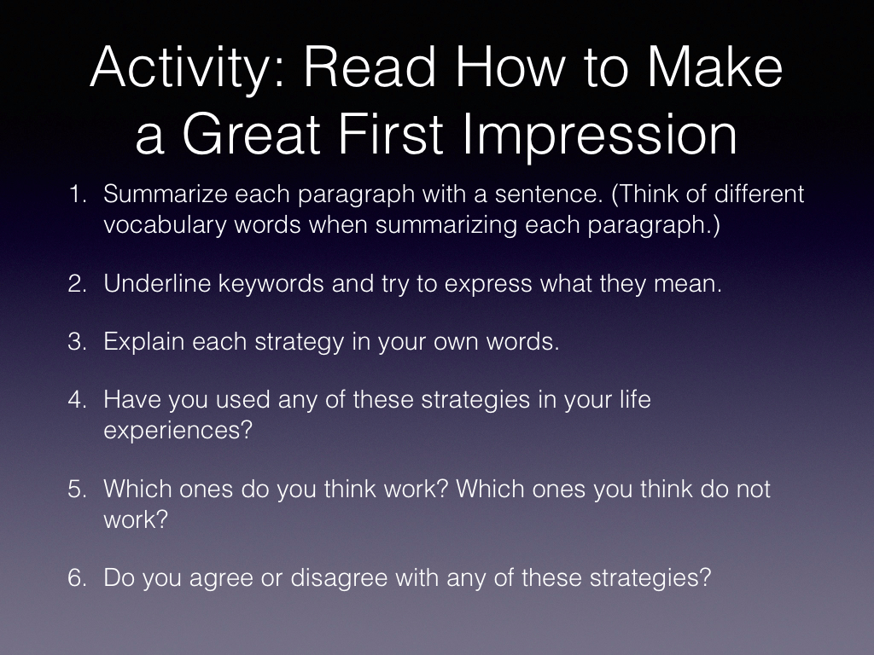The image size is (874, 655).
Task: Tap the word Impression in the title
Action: pos(600,135)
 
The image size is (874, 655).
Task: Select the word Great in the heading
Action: pos(252,134)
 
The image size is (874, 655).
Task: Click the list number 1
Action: pos(78,194)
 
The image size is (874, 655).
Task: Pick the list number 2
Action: pos(78,283)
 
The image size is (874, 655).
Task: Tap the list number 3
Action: pos(78,341)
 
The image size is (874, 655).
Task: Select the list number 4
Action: pos(78,400)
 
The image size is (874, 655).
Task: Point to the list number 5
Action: pos(78,489)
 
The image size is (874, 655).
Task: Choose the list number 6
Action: pos(78,577)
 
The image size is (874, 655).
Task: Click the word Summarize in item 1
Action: pos(166,194)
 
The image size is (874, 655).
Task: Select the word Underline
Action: pos(157,283)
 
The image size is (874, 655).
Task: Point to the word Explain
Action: pos(143,342)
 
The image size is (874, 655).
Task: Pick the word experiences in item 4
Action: pos(178,431)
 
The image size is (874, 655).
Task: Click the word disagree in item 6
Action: pos(339,578)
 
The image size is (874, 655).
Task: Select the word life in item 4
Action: pos(635,399)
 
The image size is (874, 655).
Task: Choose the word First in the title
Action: pos(390,134)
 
